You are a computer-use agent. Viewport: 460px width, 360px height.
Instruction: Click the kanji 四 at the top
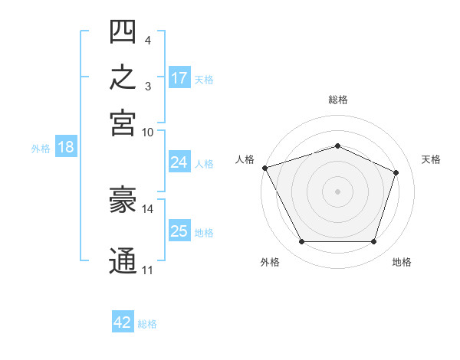pyautogui.click(x=123, y=31)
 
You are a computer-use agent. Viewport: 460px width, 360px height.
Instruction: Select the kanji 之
pyautogui.click(x=123, y=77)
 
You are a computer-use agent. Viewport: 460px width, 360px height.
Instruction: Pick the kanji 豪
pyautogui.click(x=123, y=199)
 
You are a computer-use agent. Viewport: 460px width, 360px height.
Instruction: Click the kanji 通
pyautogui.click(x=123, y=260)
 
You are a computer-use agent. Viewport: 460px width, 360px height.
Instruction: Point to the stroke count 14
pyautogui.click(x=147, y=209)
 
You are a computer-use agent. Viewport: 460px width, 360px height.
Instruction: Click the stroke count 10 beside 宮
pyautogui.click(x=147, y=133)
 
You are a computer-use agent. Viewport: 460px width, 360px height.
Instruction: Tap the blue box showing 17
pyautogui.click(x=179, y=77)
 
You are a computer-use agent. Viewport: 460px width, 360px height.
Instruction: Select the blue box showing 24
pyautogui.click(x=179, y=162)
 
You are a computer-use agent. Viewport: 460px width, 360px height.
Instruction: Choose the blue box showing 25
pyautogui.click(x=179, y=230)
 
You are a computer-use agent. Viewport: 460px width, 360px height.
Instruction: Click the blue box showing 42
pyautogui.click(x=123, y=321)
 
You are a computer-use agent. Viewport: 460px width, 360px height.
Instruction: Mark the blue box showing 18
pyautogui.click(x=66, y=146)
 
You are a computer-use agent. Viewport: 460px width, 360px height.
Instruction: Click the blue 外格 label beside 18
pyautogui.click(x=41, y=149)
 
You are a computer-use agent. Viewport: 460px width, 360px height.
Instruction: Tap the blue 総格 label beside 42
pyautogui.click(x=147, y=324)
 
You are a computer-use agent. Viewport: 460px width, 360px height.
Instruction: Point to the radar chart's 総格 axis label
pyautogui.click(x=338, y=100)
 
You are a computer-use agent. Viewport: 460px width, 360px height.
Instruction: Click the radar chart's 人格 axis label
pyautogui.click(x=245, y=159)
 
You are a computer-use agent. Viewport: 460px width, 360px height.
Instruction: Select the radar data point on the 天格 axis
pyautogui.click(x=396, y=172)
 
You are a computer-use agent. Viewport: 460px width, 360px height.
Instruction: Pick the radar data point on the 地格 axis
pyautogui.click(x=373, y=241)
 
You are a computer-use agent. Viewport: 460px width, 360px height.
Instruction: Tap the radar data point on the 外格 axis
pyautogui.click(x=302, y=241)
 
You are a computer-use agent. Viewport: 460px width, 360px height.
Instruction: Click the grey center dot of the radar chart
pyautogui.click(x=337, y=191)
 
